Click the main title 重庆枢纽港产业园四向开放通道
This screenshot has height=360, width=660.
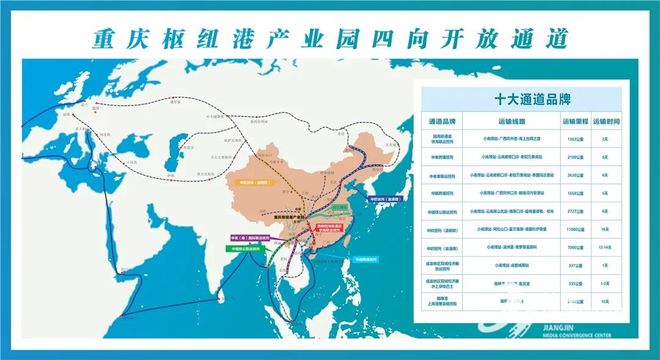coord(330,37)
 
